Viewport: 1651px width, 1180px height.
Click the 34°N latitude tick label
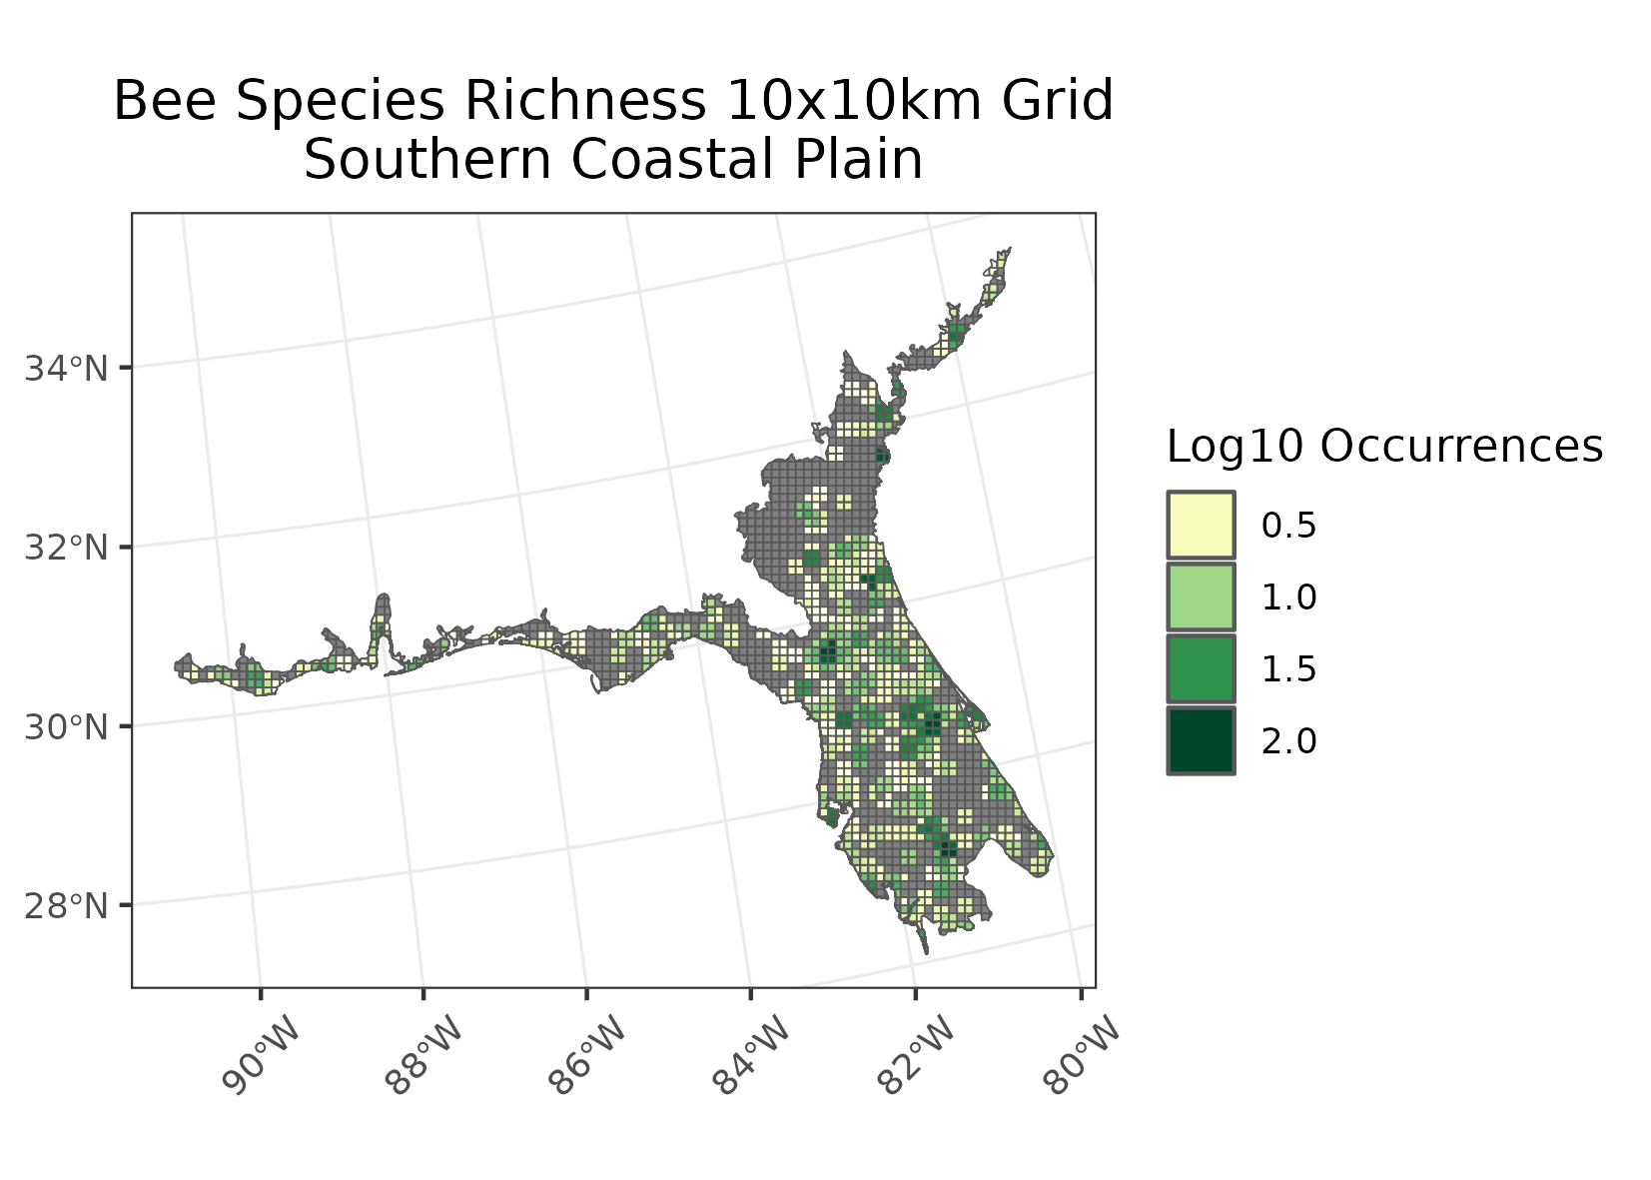point(66,369)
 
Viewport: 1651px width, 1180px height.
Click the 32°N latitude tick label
point(66,548)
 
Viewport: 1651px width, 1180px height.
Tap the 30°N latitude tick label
point(66,726)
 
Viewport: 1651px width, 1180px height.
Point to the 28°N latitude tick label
point(66,906)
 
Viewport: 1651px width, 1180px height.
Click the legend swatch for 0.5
point(1201,525)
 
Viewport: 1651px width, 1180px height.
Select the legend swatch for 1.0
point(1201,596)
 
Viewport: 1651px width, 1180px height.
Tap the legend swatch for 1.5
point(1201,668)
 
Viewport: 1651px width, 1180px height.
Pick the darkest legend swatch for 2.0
point(1201,740)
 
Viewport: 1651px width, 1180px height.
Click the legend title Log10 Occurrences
point(1384,447)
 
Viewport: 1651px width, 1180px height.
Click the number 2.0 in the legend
point(1289,741)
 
